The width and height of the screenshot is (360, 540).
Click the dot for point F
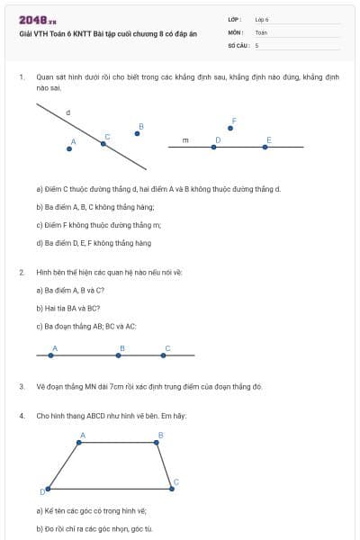coord(231,128)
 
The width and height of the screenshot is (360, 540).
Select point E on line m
coord(267,147)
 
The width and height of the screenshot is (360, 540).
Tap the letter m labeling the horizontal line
coord(185,140)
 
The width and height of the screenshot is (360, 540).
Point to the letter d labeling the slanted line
coord(68,113)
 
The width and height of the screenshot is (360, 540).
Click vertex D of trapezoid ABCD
coord(47,490)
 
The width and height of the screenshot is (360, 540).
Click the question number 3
coord(21,386)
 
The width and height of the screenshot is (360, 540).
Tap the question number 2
coord(21,271)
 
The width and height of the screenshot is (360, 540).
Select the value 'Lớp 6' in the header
coord(262,19)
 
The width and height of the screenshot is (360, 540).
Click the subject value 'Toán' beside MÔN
coord(261,31)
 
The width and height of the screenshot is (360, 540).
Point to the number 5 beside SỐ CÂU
coord(256,44)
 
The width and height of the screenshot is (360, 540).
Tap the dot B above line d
coord(137,133)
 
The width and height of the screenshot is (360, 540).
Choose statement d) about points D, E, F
coord(94,243)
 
